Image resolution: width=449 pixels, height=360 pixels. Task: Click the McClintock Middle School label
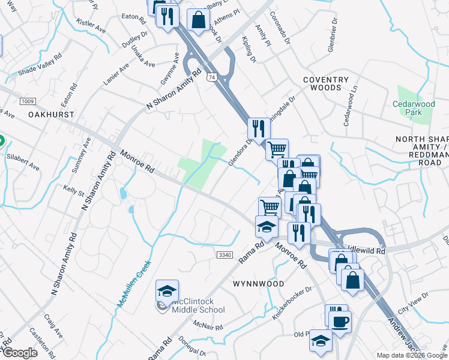[x=197, y=305]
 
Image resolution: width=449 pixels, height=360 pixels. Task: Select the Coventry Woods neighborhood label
[x=325, y=83]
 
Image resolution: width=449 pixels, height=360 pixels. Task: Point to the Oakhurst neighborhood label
[x=51, y=114]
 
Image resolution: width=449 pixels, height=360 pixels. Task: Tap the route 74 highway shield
[x=210, y=77]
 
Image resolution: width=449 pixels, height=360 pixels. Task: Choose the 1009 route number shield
[x=28, y=100]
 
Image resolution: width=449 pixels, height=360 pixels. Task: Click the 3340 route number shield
[x=224, y=255]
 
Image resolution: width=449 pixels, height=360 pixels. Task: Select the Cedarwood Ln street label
[x=350, y=104]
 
